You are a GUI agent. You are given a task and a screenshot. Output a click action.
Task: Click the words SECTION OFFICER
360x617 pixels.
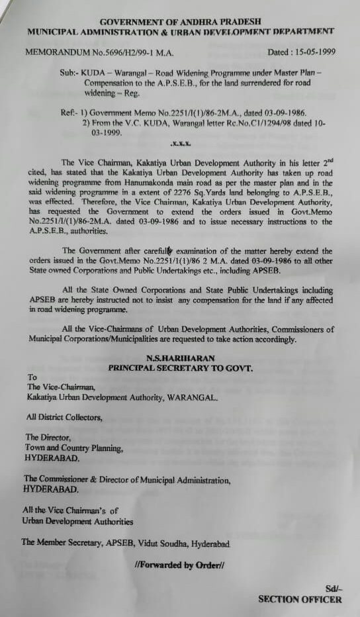tap(300, 600)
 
